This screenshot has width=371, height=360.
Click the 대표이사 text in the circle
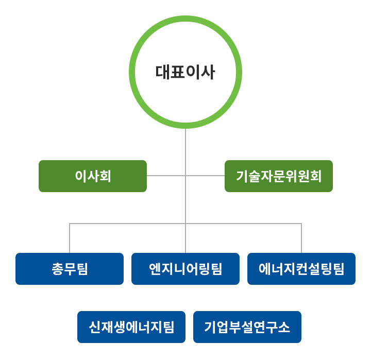pos(185,72)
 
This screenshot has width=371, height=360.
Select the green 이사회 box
pos(93,176)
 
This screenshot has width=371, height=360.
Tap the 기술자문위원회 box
pos(278,176)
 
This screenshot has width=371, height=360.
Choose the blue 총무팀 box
pos(70,269)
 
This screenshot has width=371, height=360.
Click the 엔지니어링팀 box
pos(185,269)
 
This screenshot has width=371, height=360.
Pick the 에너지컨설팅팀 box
pos(301,269)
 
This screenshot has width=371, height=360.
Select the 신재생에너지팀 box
pos(131,327)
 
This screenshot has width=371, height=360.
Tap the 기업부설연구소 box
pos(247,327)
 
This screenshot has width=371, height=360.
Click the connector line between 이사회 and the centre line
pos(166,176)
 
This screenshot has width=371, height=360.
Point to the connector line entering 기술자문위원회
pos(205,176)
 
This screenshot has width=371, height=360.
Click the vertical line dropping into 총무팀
pos(70,238)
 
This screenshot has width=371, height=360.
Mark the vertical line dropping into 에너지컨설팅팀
pos(301,238)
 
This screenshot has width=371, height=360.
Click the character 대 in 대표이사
pos(163,72)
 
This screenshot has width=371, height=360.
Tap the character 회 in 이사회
pos(105,176)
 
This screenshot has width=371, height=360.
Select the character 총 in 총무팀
pos(58,269)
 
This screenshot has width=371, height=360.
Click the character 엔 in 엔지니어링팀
pos(155,269)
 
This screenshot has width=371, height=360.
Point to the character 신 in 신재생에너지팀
pos(95,327)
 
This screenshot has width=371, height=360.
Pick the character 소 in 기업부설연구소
pos(284,327)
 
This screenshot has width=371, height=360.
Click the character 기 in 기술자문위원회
pos(242,176)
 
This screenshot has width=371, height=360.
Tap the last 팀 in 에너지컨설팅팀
pos(338,269)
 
